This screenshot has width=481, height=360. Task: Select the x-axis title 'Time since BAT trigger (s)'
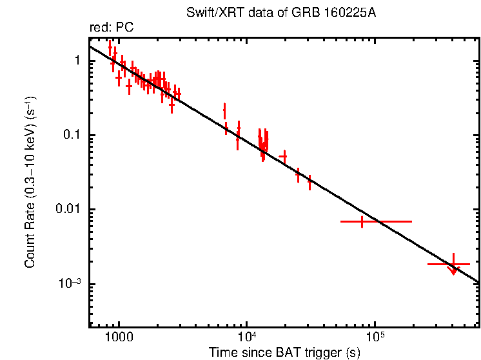[x=284, y=352]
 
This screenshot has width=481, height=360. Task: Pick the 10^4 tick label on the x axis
[x=246, y=337]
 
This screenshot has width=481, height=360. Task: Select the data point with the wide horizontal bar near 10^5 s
[x=362, y=221]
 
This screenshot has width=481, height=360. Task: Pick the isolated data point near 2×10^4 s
[x=284, y=157]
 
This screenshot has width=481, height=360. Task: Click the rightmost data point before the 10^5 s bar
[x=309, y=183]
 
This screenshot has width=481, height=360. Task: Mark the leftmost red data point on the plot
[x=110, y=49]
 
